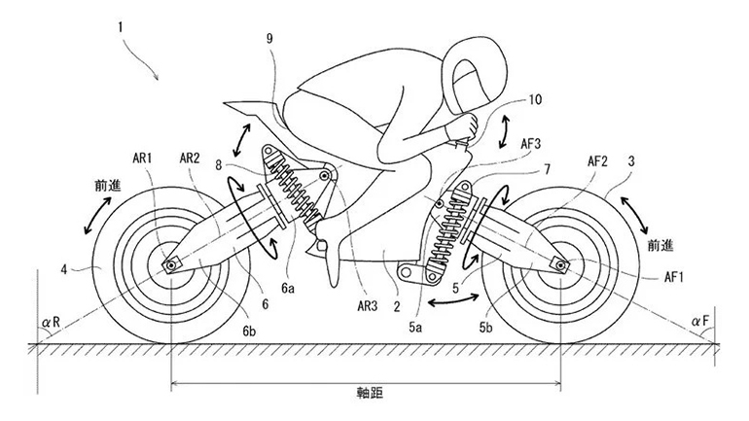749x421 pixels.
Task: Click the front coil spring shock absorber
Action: coord(450,229)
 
